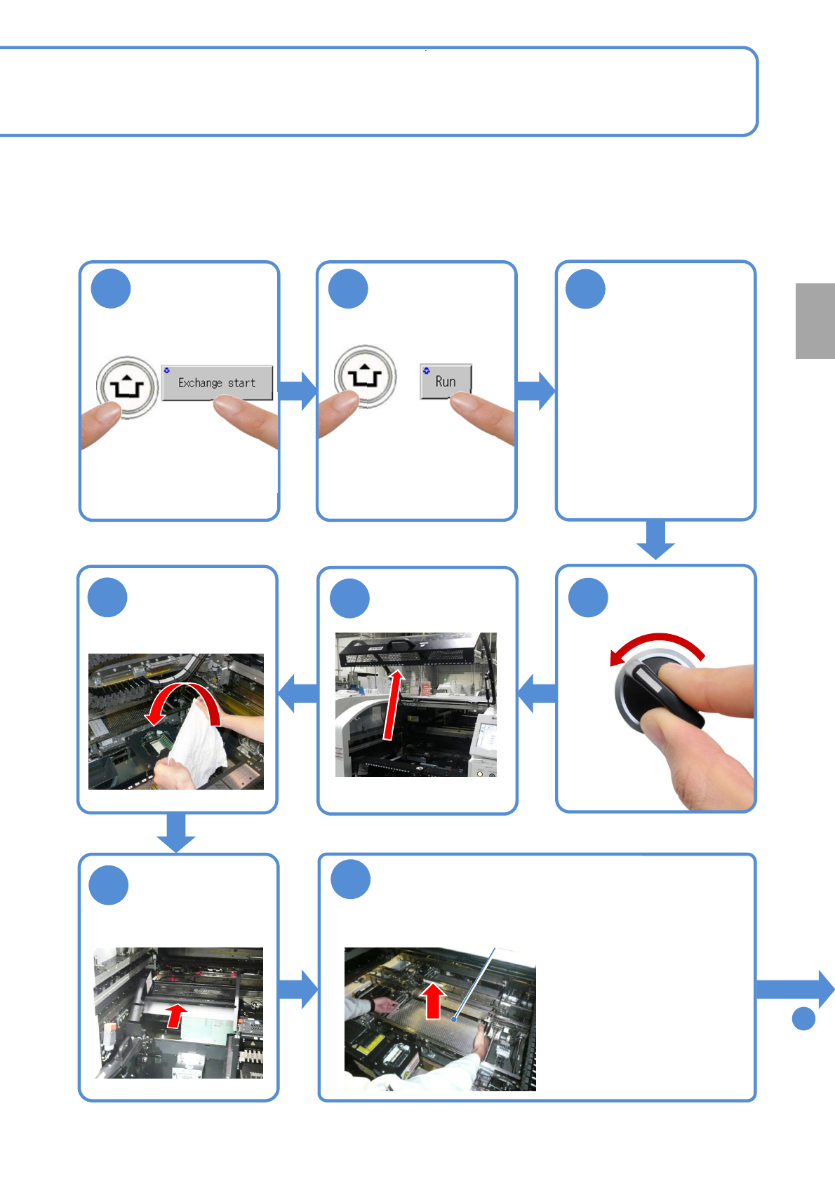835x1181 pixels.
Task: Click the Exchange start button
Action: coord(217,383)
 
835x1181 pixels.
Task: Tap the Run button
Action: coord(446,382)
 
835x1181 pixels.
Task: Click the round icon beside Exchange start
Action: coord(127,388)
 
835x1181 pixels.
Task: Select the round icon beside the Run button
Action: coord(365,377)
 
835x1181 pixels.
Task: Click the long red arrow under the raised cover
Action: coord(393,705)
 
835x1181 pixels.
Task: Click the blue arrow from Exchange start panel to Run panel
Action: coord(298,391)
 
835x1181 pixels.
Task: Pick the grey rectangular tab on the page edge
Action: coord(815,321)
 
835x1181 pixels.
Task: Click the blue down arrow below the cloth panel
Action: coord(176,832)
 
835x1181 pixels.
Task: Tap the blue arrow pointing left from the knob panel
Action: coord(537,694)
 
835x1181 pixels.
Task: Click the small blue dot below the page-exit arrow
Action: coord(804,1018)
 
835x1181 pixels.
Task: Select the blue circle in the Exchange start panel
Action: coord(111,288)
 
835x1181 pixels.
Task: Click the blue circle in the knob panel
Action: coord(588,598)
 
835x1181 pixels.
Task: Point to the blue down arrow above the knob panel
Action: coord(655,539)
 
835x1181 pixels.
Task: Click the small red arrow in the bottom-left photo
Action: coord(176,1015)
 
